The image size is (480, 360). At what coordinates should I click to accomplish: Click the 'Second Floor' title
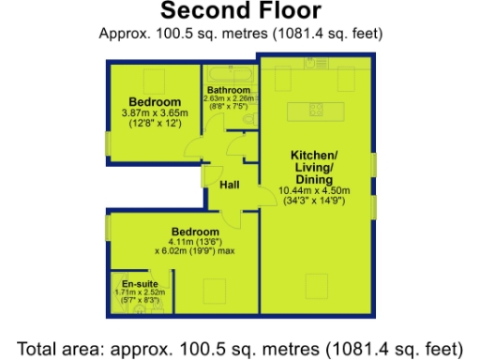(240, 11)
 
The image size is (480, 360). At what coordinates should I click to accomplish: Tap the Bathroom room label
(228, 90)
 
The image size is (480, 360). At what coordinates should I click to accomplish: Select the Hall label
(229, 186)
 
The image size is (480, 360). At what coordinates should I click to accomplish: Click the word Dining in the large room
(314, 178)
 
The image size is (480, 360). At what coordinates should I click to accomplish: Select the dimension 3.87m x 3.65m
(155, 113)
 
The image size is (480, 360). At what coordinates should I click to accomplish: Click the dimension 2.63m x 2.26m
(229, 98)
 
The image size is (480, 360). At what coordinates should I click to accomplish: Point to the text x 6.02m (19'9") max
(195, 251)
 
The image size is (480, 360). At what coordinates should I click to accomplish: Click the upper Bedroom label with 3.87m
(155, 102)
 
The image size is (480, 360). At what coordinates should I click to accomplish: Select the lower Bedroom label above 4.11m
(195, 231)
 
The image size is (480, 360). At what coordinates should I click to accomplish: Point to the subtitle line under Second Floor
(240, 33)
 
